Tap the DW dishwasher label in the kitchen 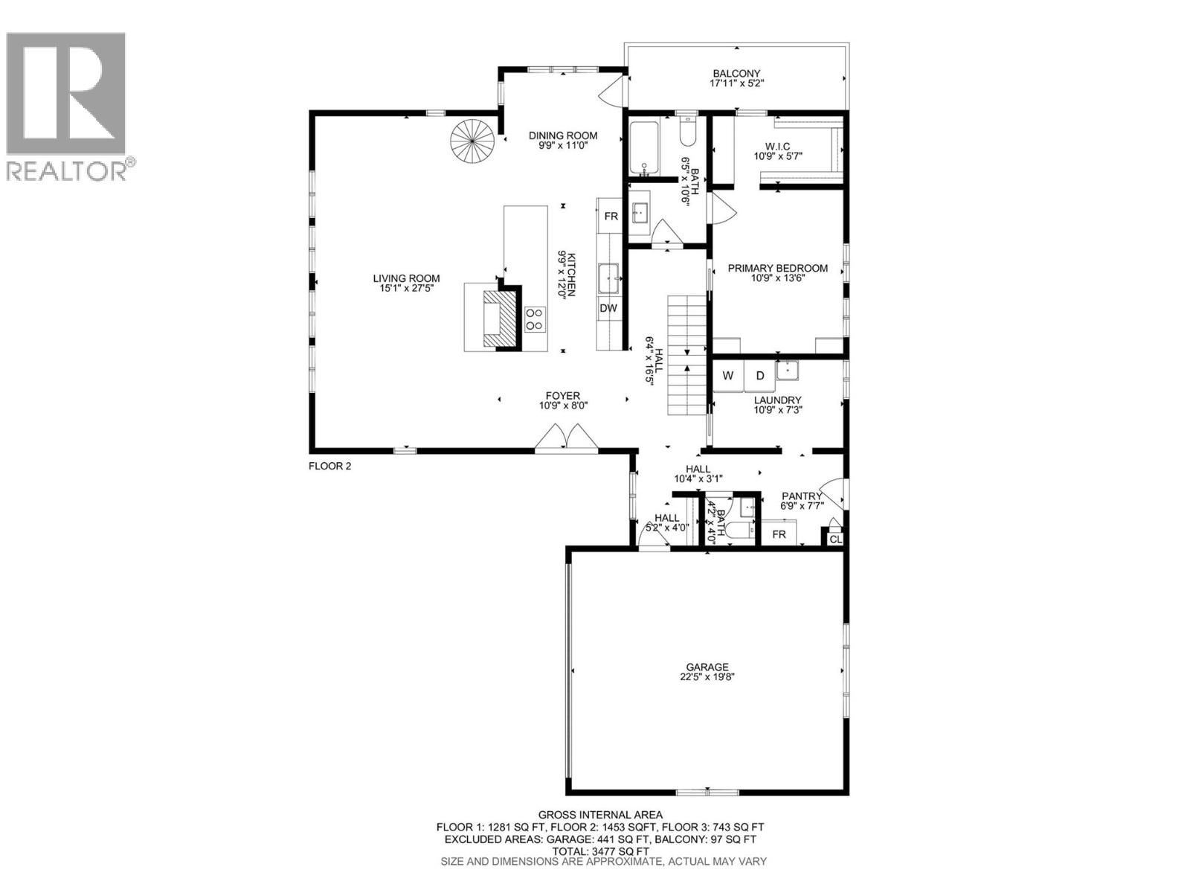coord(608,308)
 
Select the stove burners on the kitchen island coord(535,319)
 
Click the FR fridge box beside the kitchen coord(611,217)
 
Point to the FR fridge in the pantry coord(779,534)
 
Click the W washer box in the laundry coord(729,376)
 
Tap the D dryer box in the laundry coord(760,376)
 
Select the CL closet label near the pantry coord(835,539)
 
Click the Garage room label coord(707,667)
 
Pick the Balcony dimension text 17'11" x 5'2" coord(737,84)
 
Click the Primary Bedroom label coord(777,268)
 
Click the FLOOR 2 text coord(329,467)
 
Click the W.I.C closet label coord(777,146)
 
